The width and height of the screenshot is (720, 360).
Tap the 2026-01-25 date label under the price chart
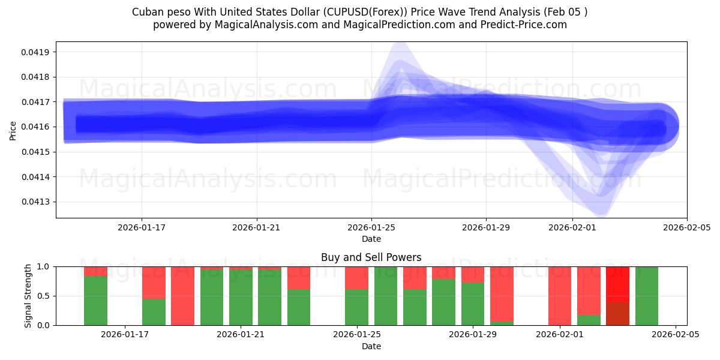pos(371,227)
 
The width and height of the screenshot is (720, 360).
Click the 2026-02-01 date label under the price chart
pos(572,227)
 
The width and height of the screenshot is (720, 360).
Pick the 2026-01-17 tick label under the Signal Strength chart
pos(125,335)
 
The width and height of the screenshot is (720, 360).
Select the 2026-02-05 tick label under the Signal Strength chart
pos(676,335)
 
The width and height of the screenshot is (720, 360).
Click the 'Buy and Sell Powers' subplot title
pos(371,257)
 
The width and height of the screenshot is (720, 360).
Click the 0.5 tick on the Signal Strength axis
pos(45,296)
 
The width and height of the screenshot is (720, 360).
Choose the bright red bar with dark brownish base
pos(617,296)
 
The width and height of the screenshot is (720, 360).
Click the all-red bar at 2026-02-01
pos(560,296)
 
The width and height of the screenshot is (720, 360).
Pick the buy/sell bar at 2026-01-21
pos(241,296)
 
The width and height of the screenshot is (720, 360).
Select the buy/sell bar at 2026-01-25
pos(356,296)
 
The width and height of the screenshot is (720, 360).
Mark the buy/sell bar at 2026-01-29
pos(473,296)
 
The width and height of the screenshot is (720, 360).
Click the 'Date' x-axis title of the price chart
pos(371,239)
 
